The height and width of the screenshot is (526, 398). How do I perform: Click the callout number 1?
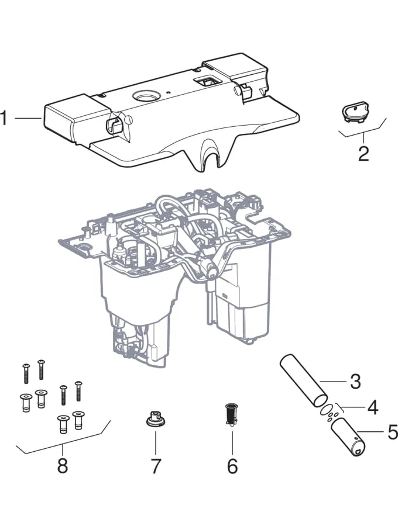[4, 119]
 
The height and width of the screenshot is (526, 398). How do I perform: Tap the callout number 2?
[363, 154]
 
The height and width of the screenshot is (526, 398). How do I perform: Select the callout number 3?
[355, 382]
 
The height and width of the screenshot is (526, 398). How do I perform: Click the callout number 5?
[392, 433]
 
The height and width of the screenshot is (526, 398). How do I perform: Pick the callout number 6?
[232, 466]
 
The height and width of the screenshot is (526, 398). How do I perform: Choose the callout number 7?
[156, 466]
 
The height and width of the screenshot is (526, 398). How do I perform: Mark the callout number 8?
[62, 466]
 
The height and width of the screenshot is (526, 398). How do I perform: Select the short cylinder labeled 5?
[349, 438]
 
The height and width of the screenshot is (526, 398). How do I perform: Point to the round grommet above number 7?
[156, 420]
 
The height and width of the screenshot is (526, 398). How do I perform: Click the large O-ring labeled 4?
[329, 409]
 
